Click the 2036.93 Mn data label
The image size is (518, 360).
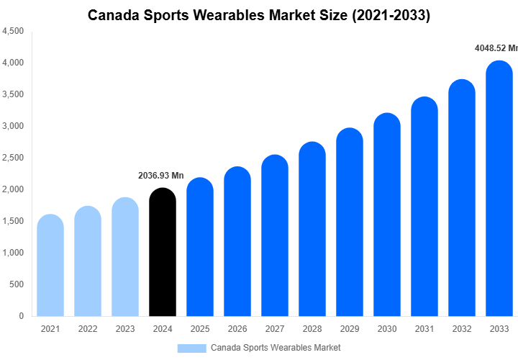click(161, 176)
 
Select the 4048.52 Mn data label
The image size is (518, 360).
click(496, 48)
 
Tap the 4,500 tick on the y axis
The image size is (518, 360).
click(13, 31)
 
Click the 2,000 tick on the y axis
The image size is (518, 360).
click(13, 189)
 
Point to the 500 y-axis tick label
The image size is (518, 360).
click(17, 284)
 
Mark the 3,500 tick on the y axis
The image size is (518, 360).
click(13, 94)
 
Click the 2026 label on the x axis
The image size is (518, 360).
click(237, 329)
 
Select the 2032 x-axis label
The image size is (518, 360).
click(461, 329)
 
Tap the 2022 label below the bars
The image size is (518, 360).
click(87, 329)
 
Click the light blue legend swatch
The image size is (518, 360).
click(191, 348)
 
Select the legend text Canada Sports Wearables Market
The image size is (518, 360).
click(276, 348)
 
